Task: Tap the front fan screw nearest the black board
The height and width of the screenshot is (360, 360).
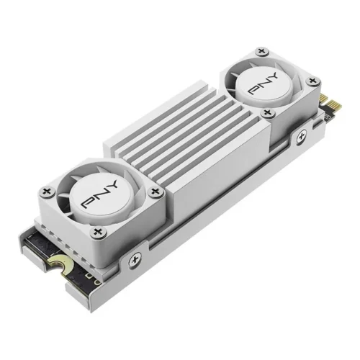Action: click(x=98, y=231)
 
